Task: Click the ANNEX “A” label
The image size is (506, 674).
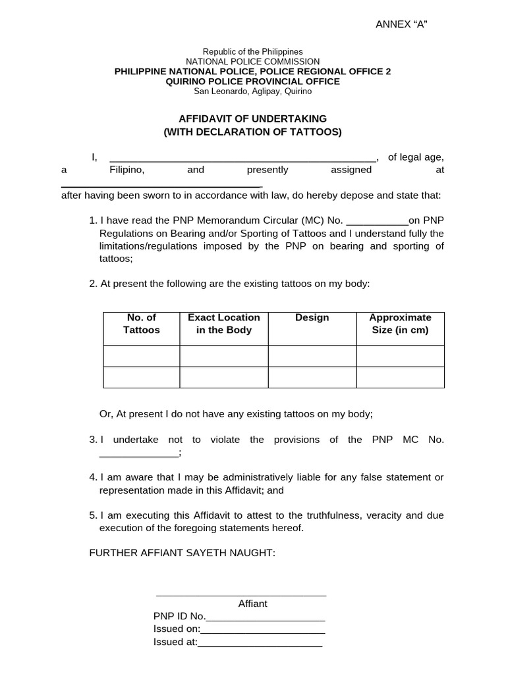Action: [x=402, y=24]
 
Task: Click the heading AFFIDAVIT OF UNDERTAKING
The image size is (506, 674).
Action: [x=253, y=118]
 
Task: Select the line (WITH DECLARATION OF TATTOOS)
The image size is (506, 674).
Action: [x=253, y=132]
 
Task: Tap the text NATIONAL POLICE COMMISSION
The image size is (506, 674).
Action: [x=253, y=61]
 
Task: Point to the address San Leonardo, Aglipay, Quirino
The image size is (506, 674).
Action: [x=253, y=91]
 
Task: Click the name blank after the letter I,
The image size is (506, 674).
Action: [x=242, y=158]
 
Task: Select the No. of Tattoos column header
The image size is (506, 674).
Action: [x=142, y=324]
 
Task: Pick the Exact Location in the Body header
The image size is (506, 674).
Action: [x=224, y=324]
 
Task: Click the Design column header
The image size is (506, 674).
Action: [x=312, y=318]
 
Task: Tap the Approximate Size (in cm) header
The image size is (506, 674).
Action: [x=401, y=324]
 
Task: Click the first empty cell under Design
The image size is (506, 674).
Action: [x=312, y=356]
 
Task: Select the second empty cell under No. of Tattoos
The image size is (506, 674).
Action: [x=142, y=377]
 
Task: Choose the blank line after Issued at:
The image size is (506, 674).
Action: [x=260, y=643]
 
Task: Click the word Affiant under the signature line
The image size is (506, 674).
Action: [x=253, y=604]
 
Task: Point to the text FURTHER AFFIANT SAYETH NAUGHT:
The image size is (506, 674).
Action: [x=182, y=553]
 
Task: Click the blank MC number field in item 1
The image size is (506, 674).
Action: [x=377, y=221]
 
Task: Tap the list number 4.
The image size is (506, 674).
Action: [x=92, y=477]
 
